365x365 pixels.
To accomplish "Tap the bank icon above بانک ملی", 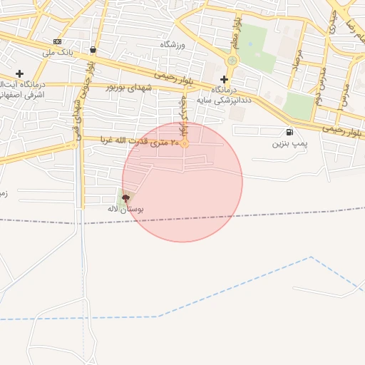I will click(x=58, y=41).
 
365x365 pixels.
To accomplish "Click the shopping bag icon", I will click(x=93, y=50).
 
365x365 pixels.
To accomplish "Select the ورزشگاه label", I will click(x=172, y=45).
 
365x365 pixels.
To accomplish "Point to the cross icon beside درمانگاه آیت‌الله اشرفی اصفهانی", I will click(x=19, y=73).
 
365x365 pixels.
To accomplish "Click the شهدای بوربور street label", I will click(x=129, y=87).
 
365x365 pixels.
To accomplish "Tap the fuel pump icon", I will click(x=289, y=132).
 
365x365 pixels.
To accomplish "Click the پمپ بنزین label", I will click(x=288, y=143).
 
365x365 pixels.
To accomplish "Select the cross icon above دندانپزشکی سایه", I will click(x=223, y=79).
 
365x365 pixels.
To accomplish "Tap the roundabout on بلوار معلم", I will click(x=231, y=60).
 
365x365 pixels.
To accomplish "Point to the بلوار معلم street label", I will click(x=234, y=32).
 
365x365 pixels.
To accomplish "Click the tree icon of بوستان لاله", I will click(x=126, y=197).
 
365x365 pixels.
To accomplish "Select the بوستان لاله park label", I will click(x=125, y=210).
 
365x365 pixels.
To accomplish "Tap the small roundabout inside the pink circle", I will click(x=185, y=144).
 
